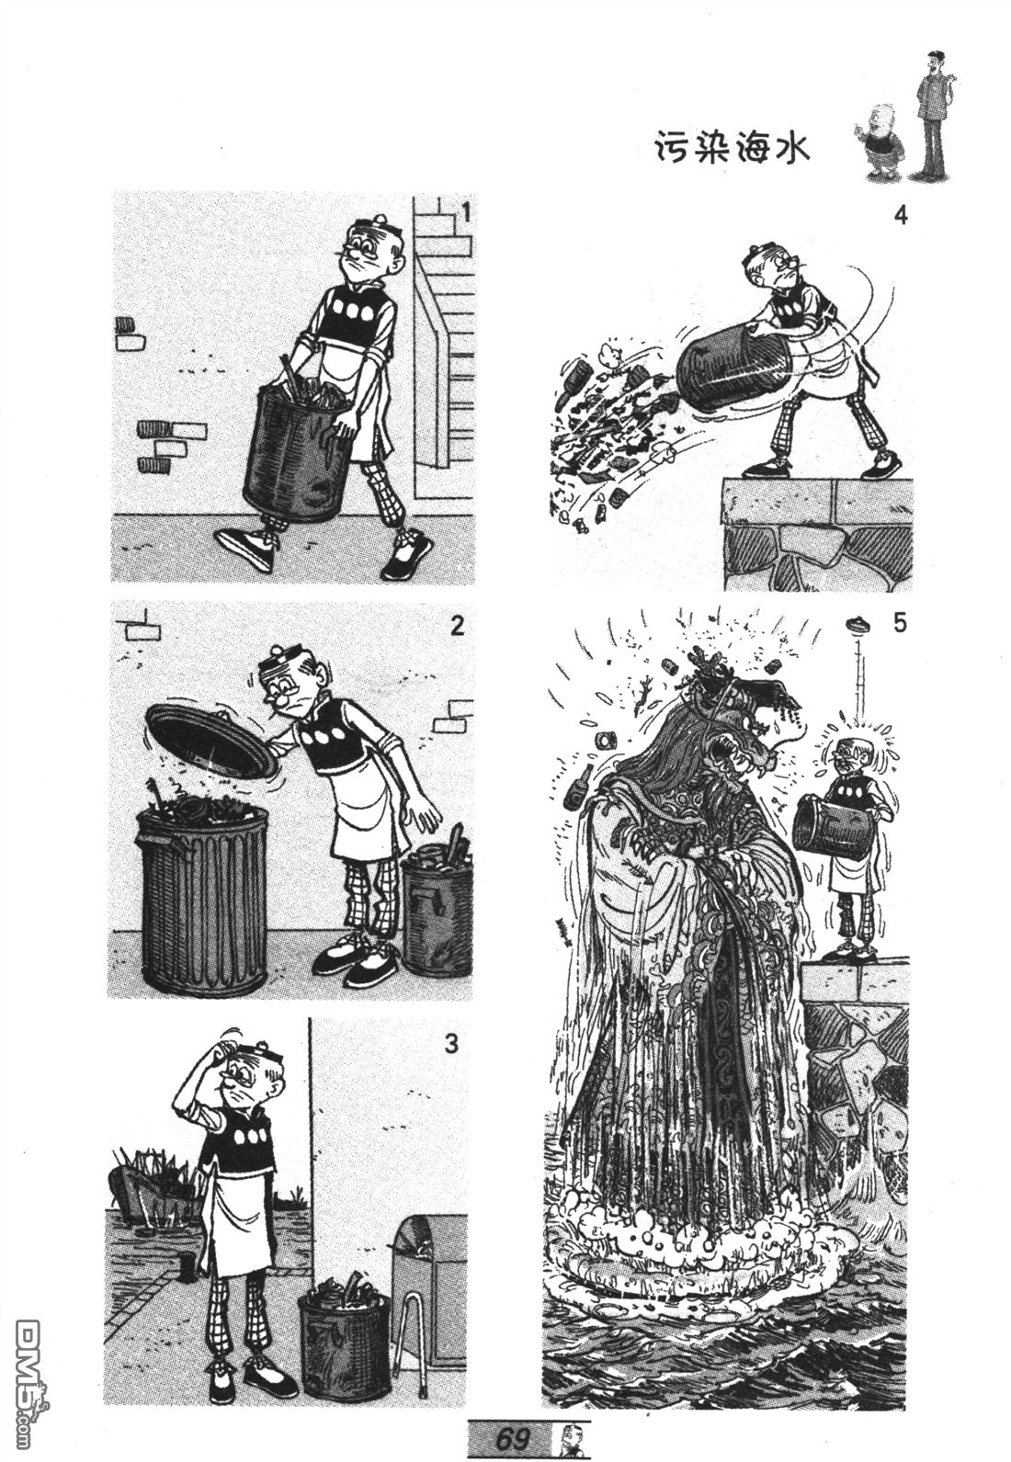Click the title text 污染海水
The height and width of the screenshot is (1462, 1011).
[732, 150]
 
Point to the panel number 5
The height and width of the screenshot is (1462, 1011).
[900, 624]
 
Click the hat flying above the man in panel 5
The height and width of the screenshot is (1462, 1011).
[859, 625]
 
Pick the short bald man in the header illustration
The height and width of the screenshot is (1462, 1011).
[881, 146]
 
